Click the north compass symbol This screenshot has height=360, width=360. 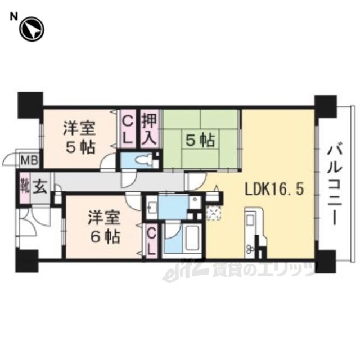[31, 30]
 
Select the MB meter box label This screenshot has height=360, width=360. [29, 160]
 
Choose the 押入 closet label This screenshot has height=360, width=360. [149, 129]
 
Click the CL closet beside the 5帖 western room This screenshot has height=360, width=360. [128, 130]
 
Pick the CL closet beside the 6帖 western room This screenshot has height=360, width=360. [151, 241]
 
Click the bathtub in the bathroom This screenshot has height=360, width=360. [193, 238]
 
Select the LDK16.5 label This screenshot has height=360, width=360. [274, 190]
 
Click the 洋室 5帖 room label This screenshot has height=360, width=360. [80, 137]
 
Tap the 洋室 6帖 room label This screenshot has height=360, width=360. [104, 227]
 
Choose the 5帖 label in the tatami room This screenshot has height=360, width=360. [200, 140]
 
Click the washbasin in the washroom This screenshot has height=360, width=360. [151, 207]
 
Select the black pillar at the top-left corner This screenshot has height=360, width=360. [30, 105]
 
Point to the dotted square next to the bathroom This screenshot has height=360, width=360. [214, 213]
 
